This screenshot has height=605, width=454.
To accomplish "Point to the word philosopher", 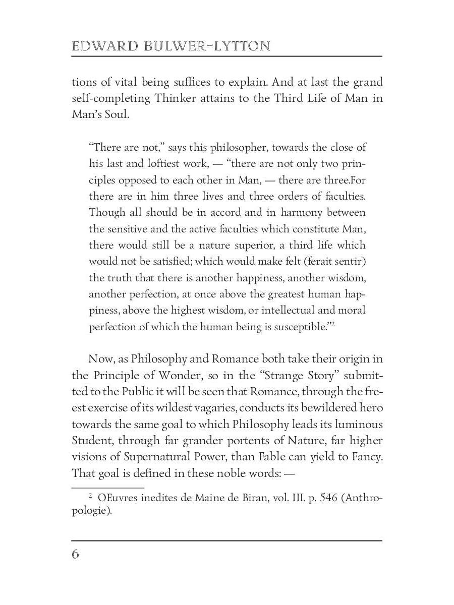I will (238, 148).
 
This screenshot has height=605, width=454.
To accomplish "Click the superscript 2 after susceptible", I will (333, 324).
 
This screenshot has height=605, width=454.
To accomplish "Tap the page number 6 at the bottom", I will (75, 555).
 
